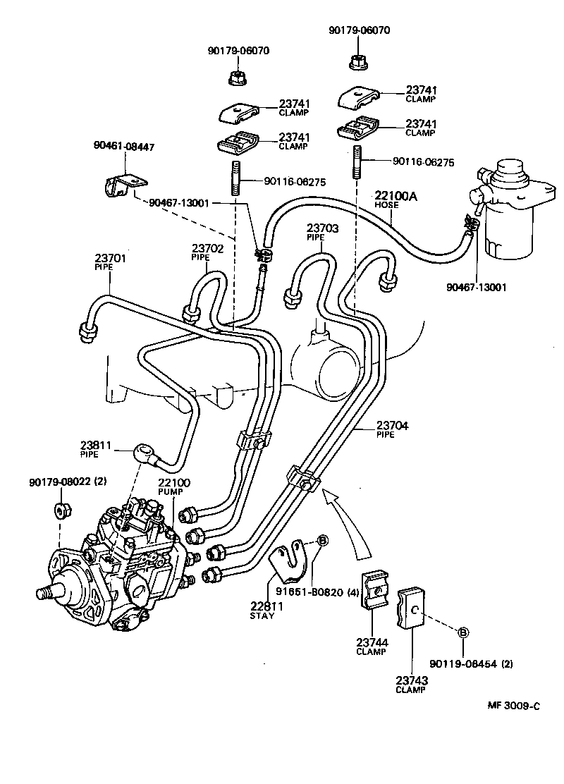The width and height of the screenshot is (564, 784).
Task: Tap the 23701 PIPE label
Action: click(x=110, y=262)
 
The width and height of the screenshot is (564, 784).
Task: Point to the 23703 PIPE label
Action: click(x=322, y=232)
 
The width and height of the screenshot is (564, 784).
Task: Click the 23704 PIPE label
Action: click(x=392, y=429)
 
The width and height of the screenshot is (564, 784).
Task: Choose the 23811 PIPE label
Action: click(x=96, y=450)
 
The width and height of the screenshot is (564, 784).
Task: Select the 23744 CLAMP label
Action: click(x=371, y=647)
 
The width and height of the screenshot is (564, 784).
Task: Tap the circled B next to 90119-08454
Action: click(x=463, y=632)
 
